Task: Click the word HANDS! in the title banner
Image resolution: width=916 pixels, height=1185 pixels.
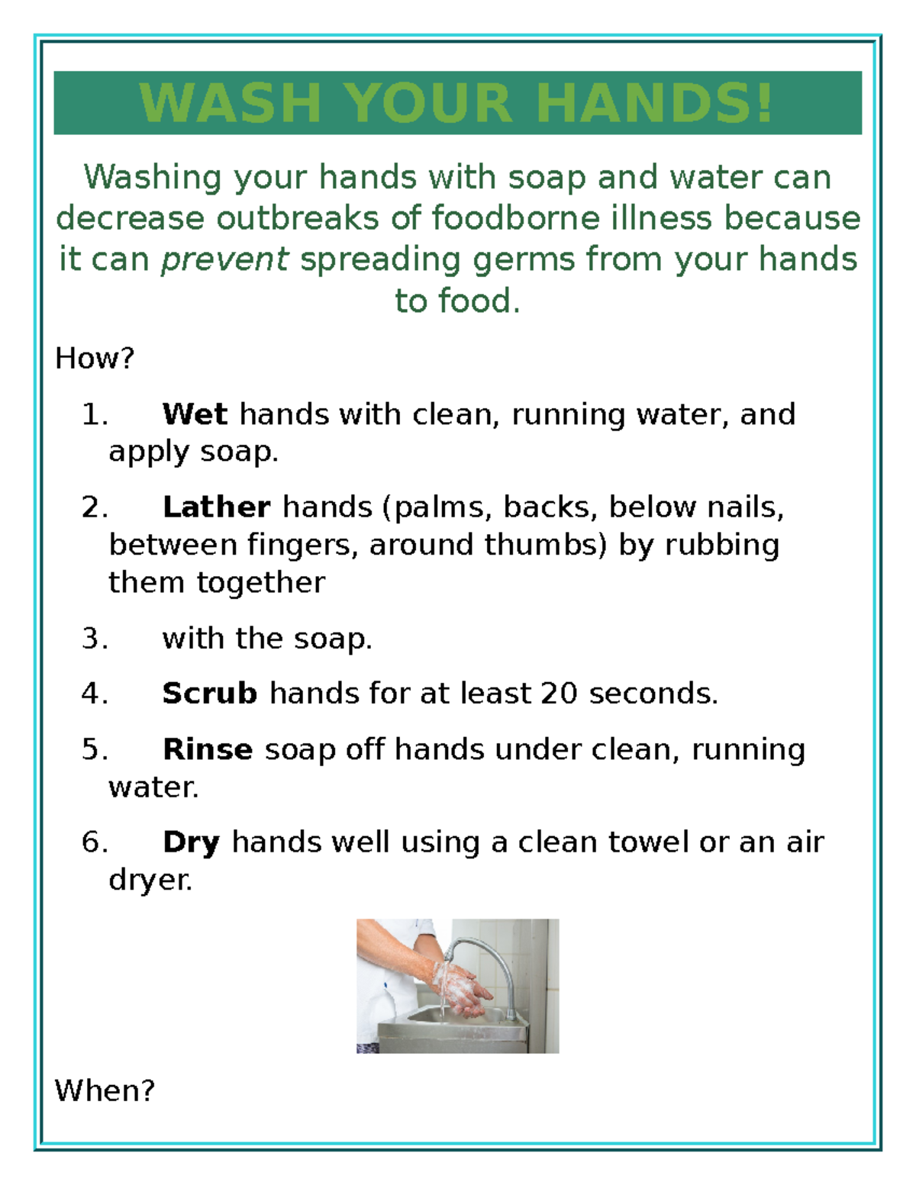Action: click(655, 103)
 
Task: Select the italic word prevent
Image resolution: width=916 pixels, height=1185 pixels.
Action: click(224, 259)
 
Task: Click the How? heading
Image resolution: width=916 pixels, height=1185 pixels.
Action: click(95, 358)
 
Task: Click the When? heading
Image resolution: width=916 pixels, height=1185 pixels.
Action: click(105, 1090)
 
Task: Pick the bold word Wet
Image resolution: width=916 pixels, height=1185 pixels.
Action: click(195, 414)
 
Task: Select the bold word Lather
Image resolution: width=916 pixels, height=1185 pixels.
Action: click(216, 507)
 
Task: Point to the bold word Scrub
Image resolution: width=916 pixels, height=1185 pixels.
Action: click(210, 694)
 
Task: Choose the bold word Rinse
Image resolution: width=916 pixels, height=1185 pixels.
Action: click(208, 749)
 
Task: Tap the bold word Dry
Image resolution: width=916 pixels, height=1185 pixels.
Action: click(191, 842)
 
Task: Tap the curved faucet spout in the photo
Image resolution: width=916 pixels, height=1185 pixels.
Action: click(489, 954)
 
